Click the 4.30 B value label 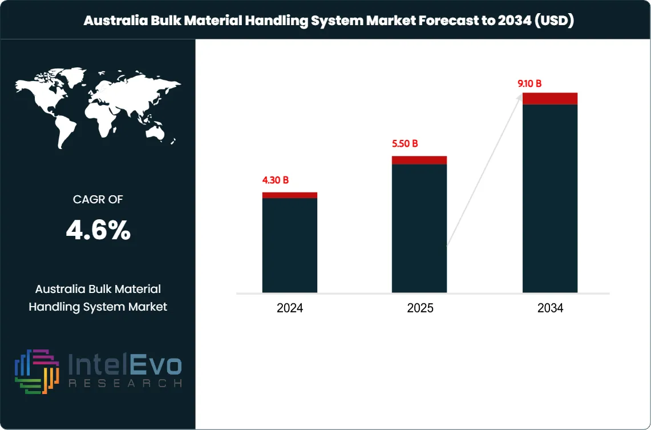point(275,180)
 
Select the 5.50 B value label point(405,144)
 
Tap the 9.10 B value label point(529,84)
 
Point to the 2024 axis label point(290,308)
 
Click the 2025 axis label point(420,308)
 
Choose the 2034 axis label point(550,308)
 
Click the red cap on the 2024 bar point(290,195)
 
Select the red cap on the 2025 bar point(419,160)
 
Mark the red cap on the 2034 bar point(550,98)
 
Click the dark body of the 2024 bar point(290,246)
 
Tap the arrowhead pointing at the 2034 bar point(519,98)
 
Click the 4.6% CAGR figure point(98,231)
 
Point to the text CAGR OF point(98,199)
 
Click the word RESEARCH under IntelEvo point(125,383)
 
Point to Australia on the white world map point(155,132)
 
